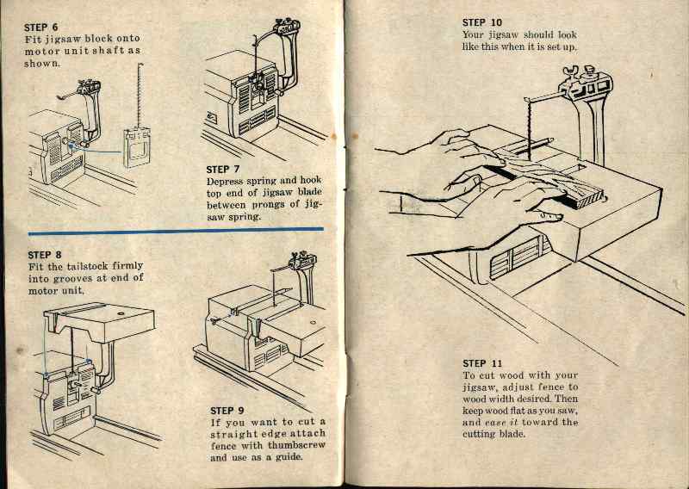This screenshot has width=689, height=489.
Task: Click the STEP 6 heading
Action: (x=43, y=26)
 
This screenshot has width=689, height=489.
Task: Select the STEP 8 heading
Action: (x=45, y=255)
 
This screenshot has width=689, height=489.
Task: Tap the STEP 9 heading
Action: (x=227, y=411)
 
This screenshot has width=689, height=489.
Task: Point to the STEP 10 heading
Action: (x=482, y=22)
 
